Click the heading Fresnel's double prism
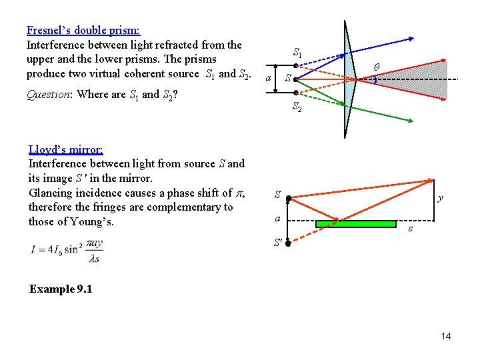click(x=83, y=30)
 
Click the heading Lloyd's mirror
click(x=65, y=149)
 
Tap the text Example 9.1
click(x=61, y=289)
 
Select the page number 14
click(x=445, y=336)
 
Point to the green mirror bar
click(x=355, y=223)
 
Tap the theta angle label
click(x=376, y=67)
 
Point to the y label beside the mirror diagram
click(x=440, y=198)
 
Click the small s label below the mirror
click(x=410, y=229)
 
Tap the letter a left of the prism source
click(x=268, y=79)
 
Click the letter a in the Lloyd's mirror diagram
click(x=278, y=219)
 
